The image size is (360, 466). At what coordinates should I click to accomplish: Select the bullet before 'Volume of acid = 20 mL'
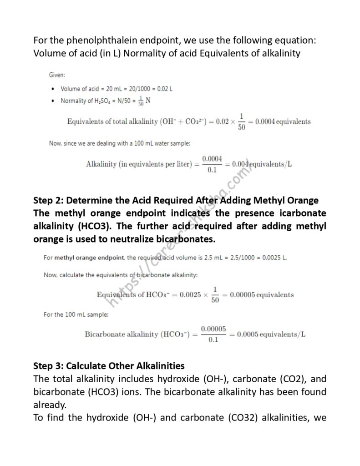54,89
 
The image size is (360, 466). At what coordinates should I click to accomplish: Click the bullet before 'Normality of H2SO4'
54,101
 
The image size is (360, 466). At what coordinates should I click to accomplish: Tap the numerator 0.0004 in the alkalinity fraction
212,158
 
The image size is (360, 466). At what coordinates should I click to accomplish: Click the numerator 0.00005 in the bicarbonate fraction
213,328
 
